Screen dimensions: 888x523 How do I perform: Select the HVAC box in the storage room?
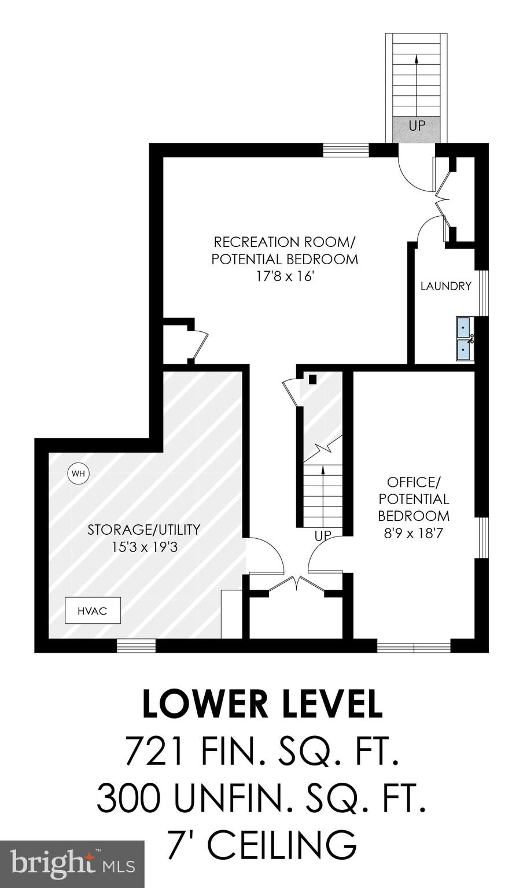point(93,610)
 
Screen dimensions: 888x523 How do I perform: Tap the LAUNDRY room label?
point(445,286)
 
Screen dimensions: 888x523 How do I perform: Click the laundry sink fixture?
point(465,338)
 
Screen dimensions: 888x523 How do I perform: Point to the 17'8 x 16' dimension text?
point(285,276)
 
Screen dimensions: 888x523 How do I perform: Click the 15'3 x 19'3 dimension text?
point(144,546)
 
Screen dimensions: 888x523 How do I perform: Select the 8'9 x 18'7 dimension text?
point(413,533)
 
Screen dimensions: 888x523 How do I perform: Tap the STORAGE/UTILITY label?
point(144,529)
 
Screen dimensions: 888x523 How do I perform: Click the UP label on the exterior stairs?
point(417,125)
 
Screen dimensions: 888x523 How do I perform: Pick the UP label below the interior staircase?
point(323,536)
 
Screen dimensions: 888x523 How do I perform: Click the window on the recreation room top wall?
point(345,150)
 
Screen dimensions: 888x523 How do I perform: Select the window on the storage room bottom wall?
point(136,645)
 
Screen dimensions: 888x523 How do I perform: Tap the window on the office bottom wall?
point(414,646)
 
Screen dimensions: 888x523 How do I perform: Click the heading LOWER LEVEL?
point(262,704)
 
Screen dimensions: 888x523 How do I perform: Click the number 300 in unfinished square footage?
point(128,798)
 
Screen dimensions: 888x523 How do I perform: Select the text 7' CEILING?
point(261,845)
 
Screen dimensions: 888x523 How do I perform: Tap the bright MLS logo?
point(72,864)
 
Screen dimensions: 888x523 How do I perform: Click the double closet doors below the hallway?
point(296,583)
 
